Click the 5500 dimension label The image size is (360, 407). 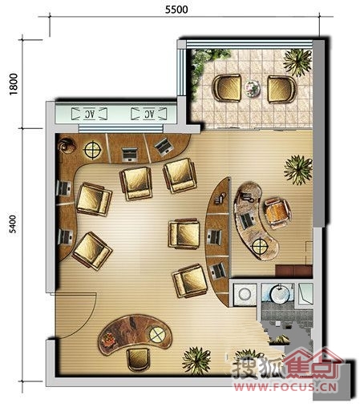pos(176,10)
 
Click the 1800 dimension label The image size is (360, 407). pos(13,84)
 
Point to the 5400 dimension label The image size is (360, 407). pos(12,224)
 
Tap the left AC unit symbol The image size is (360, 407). pos(90,114)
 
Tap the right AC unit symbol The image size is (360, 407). pos(149,114)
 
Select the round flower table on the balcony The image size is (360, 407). pos(252,88)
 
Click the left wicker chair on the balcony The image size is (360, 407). pos(227,88)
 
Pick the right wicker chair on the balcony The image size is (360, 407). pos(281,89)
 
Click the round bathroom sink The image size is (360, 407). pos(280,295)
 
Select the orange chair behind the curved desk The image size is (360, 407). pos(277,214)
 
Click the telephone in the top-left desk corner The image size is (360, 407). pos(67,146)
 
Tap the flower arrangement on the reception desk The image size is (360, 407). pos(109,340)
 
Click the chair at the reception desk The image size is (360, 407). pos(138,360)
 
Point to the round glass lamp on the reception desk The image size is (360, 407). pos(157,334)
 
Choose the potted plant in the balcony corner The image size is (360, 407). pos(297,62)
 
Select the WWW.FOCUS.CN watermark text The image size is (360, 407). pos(285,386)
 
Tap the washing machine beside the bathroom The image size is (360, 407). pos(245,294)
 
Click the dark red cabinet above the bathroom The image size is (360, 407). pos(294,271)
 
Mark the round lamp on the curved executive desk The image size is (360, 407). pos(260,246)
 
